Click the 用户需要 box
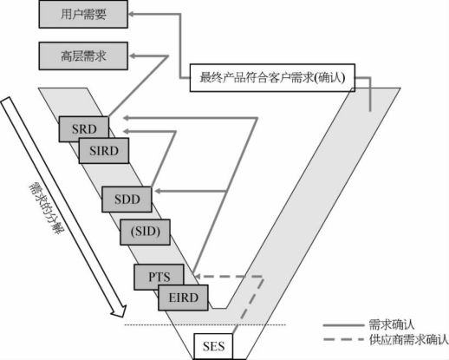click(83, 14)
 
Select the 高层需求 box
click(83, 56)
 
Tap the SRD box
click(84, 129)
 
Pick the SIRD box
click(104, 151)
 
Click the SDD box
click(127, 200)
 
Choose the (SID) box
click(145, 232)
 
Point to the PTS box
click(159, 277)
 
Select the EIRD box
click(183, 298)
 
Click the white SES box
click(213, 346)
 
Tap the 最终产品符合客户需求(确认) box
click(272, 77)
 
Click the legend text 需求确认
click(392, 324)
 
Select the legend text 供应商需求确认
click(408, 339)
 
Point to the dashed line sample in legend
click(343, 339)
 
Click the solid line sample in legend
click(343, 325)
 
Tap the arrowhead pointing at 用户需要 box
click(131, 14)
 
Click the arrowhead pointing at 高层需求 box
click(132, 56)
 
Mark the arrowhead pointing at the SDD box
click(158, 191)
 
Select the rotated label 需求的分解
click(46, 208)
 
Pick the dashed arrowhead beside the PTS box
click(198, 277)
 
